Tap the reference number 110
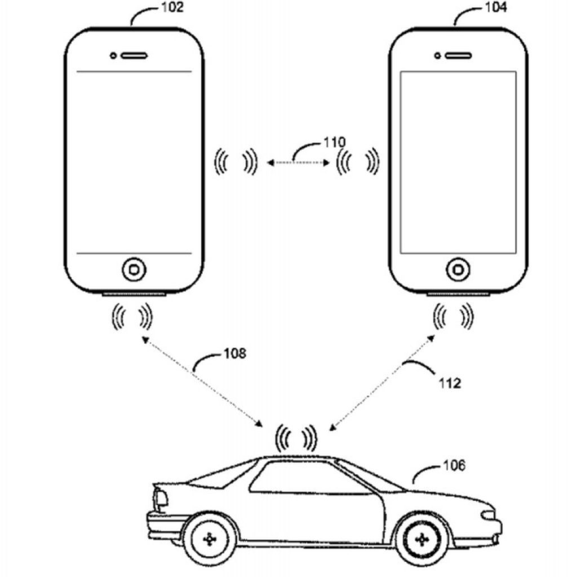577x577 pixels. [335, 142]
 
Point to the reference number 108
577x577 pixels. [235, 354]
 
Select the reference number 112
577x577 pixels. [450, 384]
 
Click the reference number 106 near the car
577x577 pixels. [454, 466]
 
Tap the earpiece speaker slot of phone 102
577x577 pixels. [135, 55]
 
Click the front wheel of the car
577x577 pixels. [419, 540]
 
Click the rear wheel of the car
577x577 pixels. [210, 540]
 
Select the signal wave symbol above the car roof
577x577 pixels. [296, 437]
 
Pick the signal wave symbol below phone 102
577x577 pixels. [132, 317]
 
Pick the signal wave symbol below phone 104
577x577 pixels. [452, 317]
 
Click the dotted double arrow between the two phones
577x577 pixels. [298, 163]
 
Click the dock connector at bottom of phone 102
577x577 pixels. [134, 294]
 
